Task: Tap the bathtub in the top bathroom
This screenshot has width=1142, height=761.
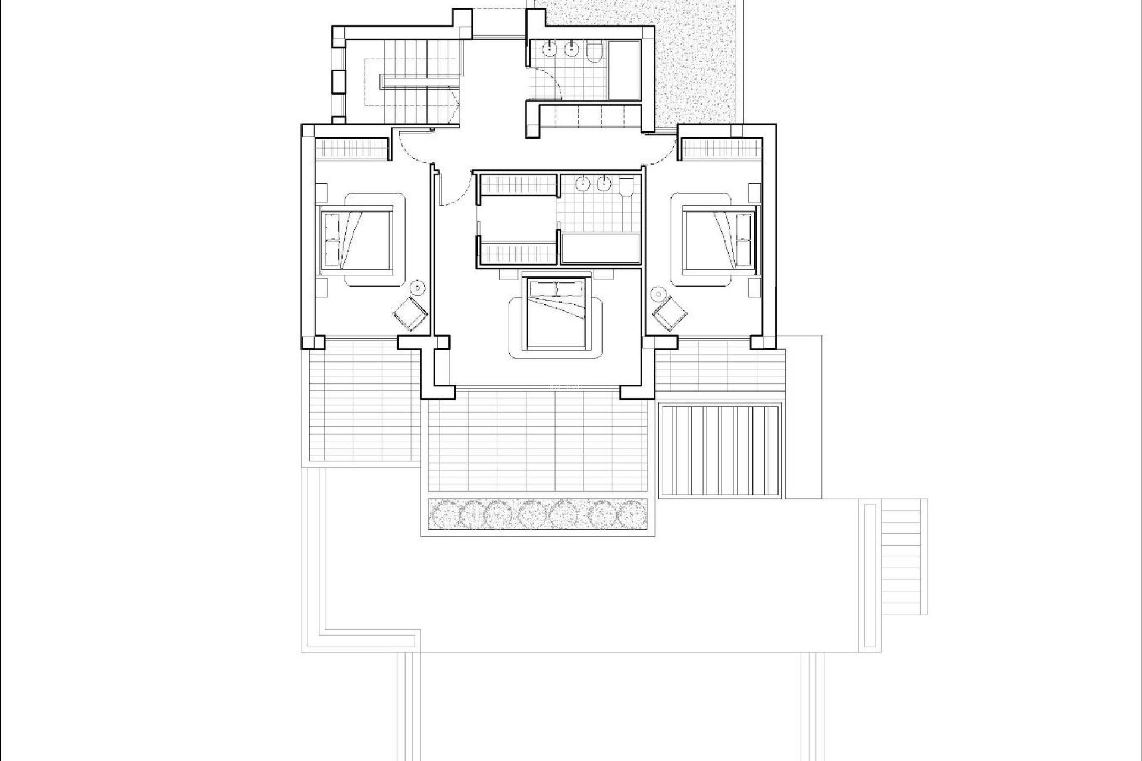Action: [623, 70]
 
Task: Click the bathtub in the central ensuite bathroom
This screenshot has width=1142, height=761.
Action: [601, 248]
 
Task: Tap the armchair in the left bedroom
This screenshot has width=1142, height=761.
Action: [410, 313]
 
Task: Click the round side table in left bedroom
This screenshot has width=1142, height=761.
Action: [419, 288]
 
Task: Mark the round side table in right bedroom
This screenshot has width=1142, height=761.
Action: [658, 293]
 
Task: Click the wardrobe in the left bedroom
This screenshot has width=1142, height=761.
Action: [350, 148]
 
